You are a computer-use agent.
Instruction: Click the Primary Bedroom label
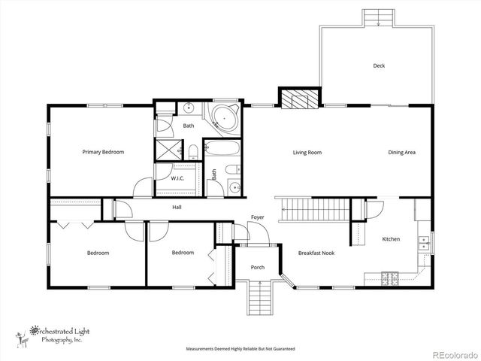(103, 152)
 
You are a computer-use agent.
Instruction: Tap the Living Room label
(307, 153)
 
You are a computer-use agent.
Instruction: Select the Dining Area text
(401, 153)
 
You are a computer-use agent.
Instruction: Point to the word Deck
(380, 65)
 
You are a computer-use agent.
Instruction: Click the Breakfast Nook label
(316, 253)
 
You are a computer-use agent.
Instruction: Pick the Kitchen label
(391, 239)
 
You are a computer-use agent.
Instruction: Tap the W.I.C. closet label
(178, 178)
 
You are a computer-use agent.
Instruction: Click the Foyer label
(257, 217)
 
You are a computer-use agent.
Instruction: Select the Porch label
(257, 267)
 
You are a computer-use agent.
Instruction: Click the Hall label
(177, 207)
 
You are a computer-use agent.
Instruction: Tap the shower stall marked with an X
(167, 147)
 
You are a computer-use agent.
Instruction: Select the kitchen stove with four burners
(389, 278)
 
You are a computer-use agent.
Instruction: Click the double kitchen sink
(425, 241)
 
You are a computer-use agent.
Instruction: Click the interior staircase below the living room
(313, 208)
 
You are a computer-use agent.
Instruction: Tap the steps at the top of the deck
(377, 18)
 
